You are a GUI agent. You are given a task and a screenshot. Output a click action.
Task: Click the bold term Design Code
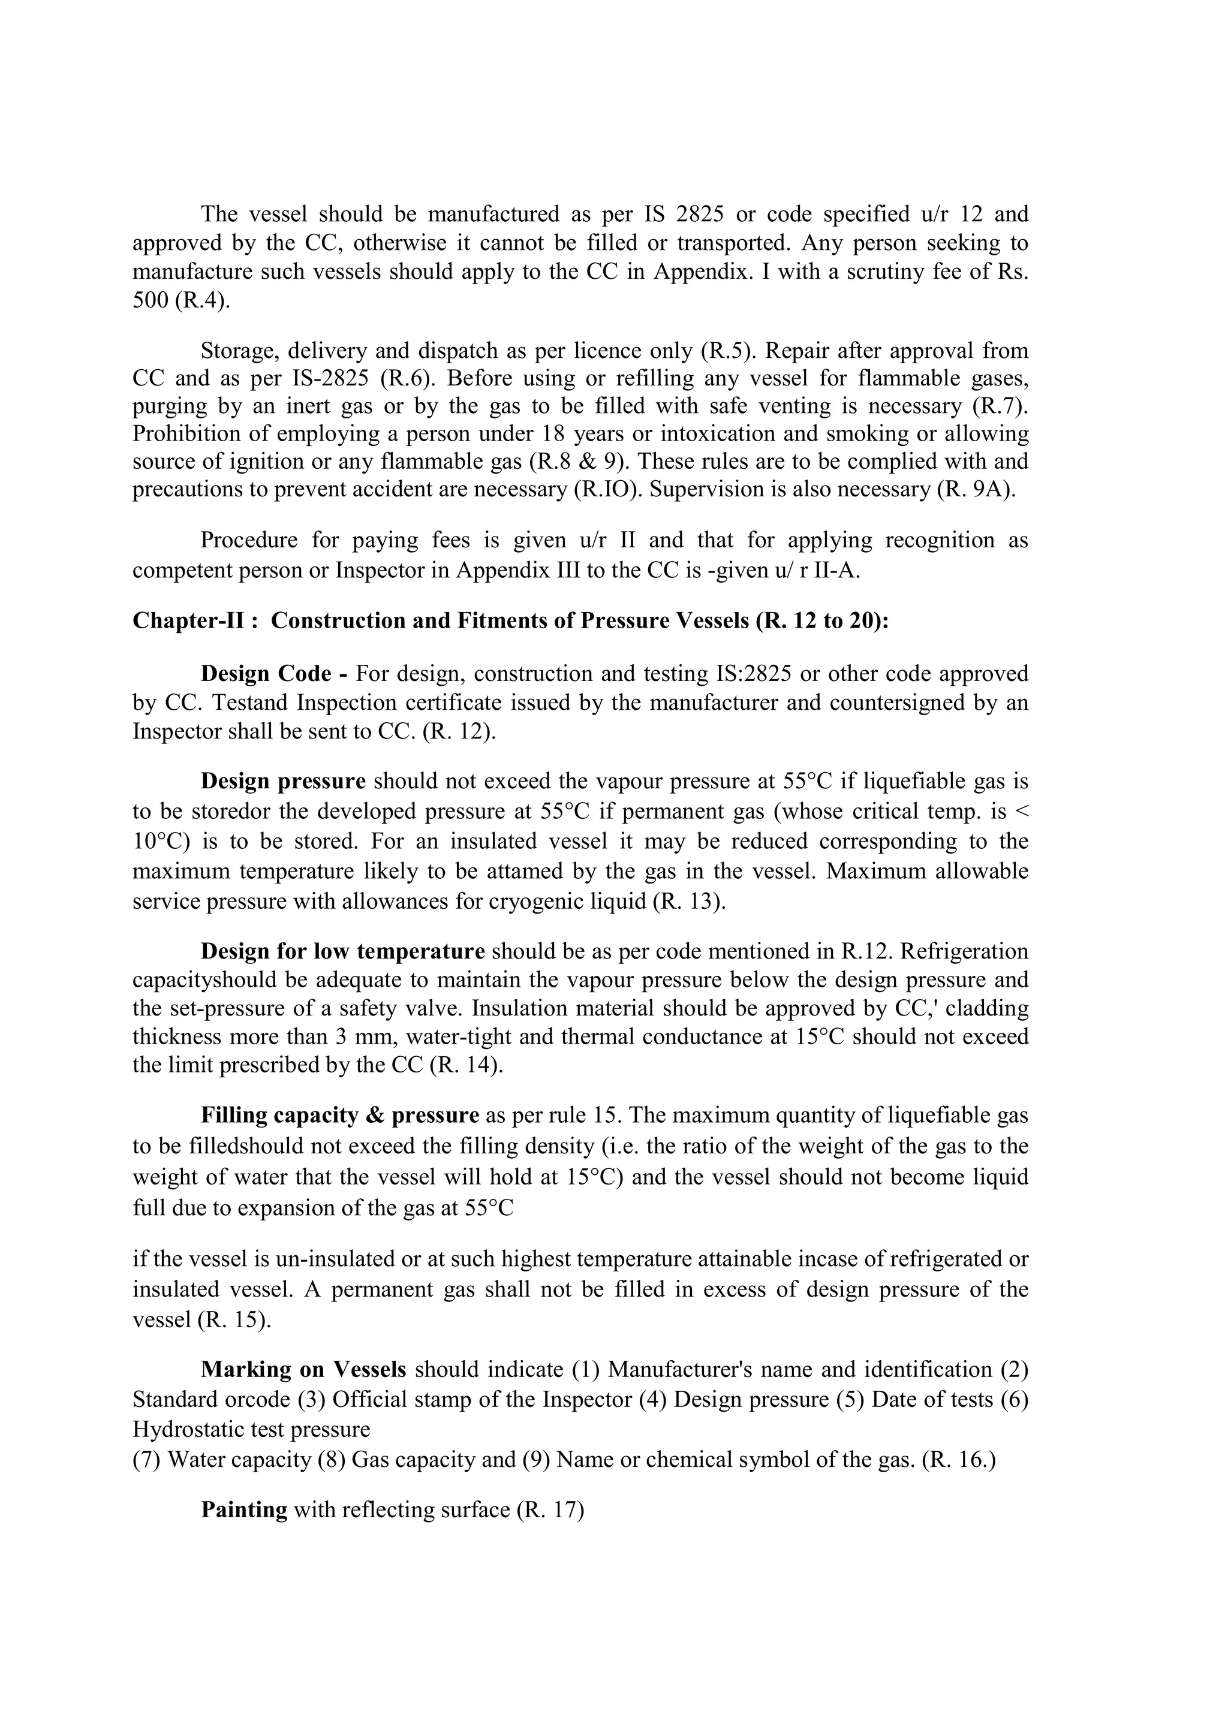pyautogui.click(x=266, y=674)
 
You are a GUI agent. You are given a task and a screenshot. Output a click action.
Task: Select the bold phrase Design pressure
pyautogui.click(x=283, y=781)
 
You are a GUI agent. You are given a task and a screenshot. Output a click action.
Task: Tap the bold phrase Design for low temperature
pyautogui.click(x=342, y=951)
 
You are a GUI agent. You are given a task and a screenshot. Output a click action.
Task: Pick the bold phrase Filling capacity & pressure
pyautogui.click(x=339, y=1115)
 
